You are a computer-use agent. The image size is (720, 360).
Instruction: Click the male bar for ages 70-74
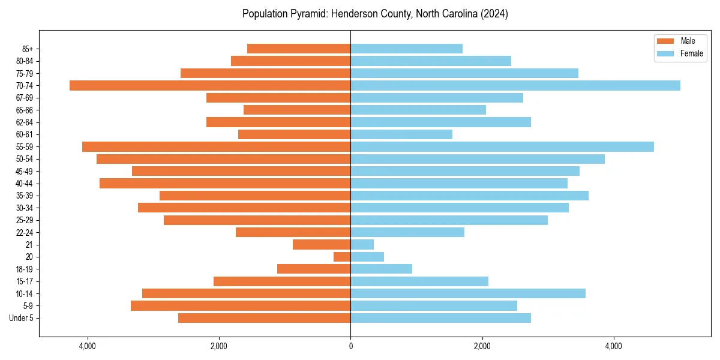(210, 85)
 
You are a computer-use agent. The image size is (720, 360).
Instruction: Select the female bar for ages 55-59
(502, 146)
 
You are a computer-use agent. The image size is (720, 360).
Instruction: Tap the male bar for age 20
(342, 257)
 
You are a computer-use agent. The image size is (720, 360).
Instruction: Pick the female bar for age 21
(362, 244)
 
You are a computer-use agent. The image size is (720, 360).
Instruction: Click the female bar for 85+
(406, 49)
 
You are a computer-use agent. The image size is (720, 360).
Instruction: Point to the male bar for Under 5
(264, 318)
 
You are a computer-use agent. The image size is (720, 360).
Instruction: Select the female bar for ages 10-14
(467, 293)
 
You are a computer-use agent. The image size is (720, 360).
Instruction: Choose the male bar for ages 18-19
(314, 269)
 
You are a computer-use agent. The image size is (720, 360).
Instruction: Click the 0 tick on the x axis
(350, 346)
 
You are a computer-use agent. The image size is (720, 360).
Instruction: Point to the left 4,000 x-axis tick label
(88, 346)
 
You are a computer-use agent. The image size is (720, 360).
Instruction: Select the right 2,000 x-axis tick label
(482, 346)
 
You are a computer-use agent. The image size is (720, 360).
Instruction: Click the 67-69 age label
(25, 98)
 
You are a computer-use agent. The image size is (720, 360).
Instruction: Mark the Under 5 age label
(22, 318)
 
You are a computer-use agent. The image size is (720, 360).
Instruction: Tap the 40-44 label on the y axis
(25, 183)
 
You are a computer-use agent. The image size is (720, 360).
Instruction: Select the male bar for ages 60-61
(294, 134)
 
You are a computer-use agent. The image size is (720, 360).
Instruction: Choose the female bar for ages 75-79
(464, 73)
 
